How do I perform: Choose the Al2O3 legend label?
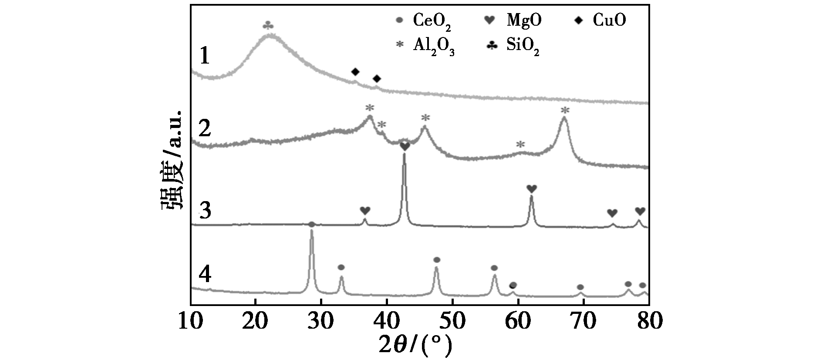click(x=425, y=46)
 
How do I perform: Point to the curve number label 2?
click(x=205, y=128)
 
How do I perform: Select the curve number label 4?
click(x=205, y=275)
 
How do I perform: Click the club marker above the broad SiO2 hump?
click(x=269, y=26)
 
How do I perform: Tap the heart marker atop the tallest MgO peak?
click(x=405, y=147)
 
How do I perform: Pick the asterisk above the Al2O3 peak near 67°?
click(x=565, y=110)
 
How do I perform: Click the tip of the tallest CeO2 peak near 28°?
click(x=311, y=230)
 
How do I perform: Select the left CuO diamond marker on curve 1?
click(x=355, y=71)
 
